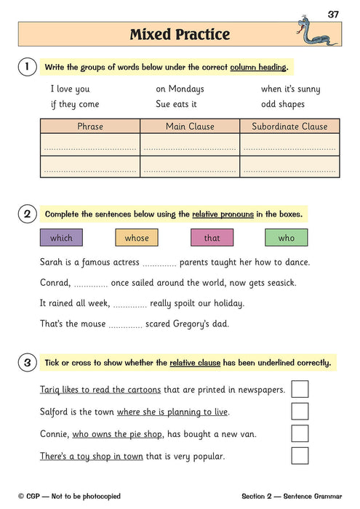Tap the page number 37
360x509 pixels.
[333, 14]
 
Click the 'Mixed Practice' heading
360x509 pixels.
[180, 34]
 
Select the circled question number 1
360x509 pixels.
[27, 68]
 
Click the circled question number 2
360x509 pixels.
[27, 214]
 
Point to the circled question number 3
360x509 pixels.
[27, 362]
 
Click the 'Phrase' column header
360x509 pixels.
[89, 127]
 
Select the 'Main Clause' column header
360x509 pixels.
[190, 127]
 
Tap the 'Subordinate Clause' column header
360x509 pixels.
[289, 127]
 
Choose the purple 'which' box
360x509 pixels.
[61, 238]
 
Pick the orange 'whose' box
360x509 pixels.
[137, 238]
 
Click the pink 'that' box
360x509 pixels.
[212, 238]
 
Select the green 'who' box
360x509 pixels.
[287, 238]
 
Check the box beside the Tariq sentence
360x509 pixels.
[300, 389]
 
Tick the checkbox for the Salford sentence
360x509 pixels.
[300, 412]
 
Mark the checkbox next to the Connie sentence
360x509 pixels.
[300, 433]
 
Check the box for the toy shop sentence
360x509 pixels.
[300, 456]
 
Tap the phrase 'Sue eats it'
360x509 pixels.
[178, 104]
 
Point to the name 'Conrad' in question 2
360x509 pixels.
[55, 282]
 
